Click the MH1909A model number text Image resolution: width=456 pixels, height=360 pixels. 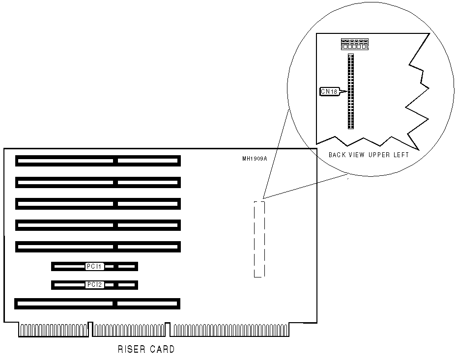(254, 159)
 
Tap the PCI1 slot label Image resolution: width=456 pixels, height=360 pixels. (94, 266)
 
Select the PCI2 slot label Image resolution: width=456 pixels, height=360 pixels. (94, 284)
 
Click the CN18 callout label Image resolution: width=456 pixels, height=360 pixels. (328, 91)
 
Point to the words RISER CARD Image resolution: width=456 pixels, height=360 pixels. (146, 350)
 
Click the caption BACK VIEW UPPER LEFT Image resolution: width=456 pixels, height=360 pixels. (369, 155)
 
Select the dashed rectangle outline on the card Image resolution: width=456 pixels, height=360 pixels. (259, 239)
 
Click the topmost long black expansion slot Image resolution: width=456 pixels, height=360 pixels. (98, 161)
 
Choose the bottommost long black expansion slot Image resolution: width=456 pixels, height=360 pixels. (97, 304)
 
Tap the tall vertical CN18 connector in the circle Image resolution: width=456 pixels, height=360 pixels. (350, 91)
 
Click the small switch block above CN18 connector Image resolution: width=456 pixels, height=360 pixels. (354, 44)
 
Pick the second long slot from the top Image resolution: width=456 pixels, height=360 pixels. (98, 182)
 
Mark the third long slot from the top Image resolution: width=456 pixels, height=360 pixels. (98, 203)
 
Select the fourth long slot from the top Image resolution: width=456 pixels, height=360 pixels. (98, 225)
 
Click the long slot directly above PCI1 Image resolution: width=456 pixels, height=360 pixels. (98, 246)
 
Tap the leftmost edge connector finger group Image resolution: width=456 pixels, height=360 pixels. (54, 330)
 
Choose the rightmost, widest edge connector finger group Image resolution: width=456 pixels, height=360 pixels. (230, 330)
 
